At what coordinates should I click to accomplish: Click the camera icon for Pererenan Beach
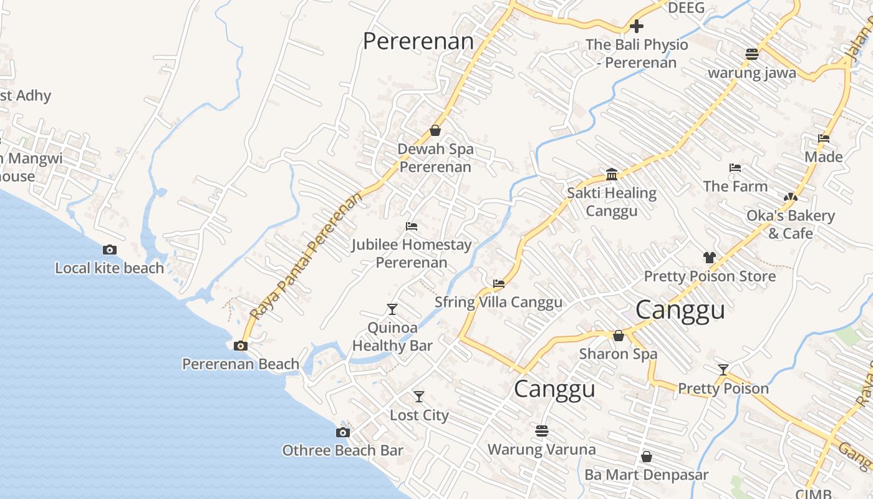(x=240, y=346)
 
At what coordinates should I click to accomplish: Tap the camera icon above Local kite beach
(x=110, y=249)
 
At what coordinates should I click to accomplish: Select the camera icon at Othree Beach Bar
(x=342, y=432)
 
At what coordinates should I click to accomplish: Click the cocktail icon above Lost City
(x=419, y=396)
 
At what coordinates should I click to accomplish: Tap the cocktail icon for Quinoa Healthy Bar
(x=392, y=309)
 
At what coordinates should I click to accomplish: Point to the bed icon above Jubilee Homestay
(x=411, y=226)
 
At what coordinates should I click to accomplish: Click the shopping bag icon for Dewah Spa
(x=435, y=130)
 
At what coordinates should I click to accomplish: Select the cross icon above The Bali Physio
(x=636, y=26)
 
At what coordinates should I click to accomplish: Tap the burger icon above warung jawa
(x=751, y=54)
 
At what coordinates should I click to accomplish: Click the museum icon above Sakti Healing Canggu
(x=611, y=173)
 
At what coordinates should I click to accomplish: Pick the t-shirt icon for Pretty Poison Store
(x=709, y=257)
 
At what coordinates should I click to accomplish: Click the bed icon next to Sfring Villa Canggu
(x=498, y=283)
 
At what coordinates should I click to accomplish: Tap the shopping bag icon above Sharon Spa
(x=618, y=336)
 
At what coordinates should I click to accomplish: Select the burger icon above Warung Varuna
(x=541, y=430)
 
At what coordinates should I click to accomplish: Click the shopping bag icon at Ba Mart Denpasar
(x=646, y=457)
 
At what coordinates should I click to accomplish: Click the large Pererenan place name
(x=418, y=41)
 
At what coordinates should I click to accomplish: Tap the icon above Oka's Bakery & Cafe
(x=790, y=197)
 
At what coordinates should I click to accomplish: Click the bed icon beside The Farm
(x=735, y=167)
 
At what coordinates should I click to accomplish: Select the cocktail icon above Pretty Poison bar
(x=723, y=369)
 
